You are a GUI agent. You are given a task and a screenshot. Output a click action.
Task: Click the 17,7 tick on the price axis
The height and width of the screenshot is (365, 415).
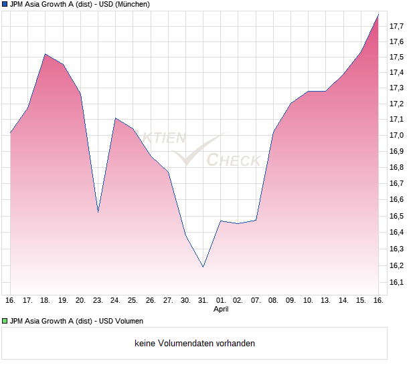(x=396, y=26)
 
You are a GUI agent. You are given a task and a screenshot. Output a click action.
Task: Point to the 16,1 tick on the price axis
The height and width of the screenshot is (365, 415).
(x=396, y=282)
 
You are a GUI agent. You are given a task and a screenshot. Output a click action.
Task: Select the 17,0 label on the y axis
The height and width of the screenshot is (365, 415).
(x=396, y=135)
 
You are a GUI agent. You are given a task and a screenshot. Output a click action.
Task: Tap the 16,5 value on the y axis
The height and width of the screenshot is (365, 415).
(x=396, y=216)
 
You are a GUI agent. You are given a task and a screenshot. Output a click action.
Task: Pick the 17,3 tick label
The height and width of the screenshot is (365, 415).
(x=396, y=88)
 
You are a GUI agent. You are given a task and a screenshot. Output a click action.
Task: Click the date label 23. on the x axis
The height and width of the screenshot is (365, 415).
(x=98, y=301)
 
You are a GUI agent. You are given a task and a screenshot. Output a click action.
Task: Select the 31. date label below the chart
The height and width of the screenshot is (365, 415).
(x=203, y=301)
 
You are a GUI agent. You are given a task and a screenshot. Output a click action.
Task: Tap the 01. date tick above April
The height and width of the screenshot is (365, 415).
(x=221, y=301)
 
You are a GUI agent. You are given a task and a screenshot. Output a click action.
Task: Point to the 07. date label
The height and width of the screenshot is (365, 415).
(x=256, y=301)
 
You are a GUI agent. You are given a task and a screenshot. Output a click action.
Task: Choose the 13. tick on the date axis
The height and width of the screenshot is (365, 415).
(x=325, y=301)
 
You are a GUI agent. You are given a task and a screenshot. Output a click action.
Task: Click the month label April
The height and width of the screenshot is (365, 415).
(x=221, y=310)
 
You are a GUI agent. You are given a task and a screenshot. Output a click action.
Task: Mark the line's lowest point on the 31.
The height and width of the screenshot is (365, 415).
(x=203, y=267)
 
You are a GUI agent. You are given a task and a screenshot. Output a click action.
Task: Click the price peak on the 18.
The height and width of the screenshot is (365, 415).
(x=46, y=54)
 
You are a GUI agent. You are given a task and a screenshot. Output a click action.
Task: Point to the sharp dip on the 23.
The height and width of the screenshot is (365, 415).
(x=98, y=213)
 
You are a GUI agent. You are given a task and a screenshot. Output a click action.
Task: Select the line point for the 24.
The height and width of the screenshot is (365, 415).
(x=115, y=118)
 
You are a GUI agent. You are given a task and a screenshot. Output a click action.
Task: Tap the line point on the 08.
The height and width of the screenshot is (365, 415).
(x=273, y=132)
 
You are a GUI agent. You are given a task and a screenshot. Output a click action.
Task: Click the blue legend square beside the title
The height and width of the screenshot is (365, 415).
(x=5, y=4)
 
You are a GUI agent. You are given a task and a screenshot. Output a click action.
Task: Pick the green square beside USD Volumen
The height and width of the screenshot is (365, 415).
(x=5, y=322)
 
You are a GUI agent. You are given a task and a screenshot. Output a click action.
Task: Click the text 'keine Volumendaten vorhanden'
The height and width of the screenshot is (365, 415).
(x=195, y=344)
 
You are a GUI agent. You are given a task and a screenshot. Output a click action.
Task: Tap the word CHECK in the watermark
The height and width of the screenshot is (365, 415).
(x=234, y=160)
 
